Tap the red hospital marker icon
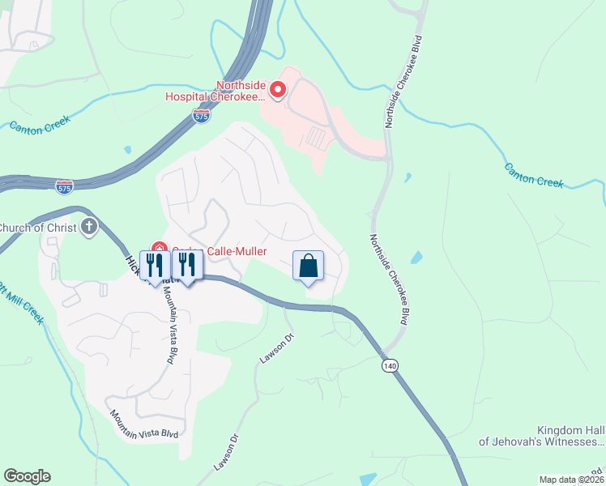point(278,89)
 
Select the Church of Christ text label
point(37,227)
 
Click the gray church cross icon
point(89,227)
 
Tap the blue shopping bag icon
point(308,266)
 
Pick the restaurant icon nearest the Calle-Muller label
point(187,264)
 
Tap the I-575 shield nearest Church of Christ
point(64,186)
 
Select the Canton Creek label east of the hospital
point(533,175)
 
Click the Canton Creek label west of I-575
point(40,125)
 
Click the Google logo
point(27,476)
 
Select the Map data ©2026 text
point(571,480)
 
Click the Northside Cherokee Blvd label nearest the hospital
point(403,81)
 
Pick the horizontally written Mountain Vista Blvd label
point(145,423)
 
